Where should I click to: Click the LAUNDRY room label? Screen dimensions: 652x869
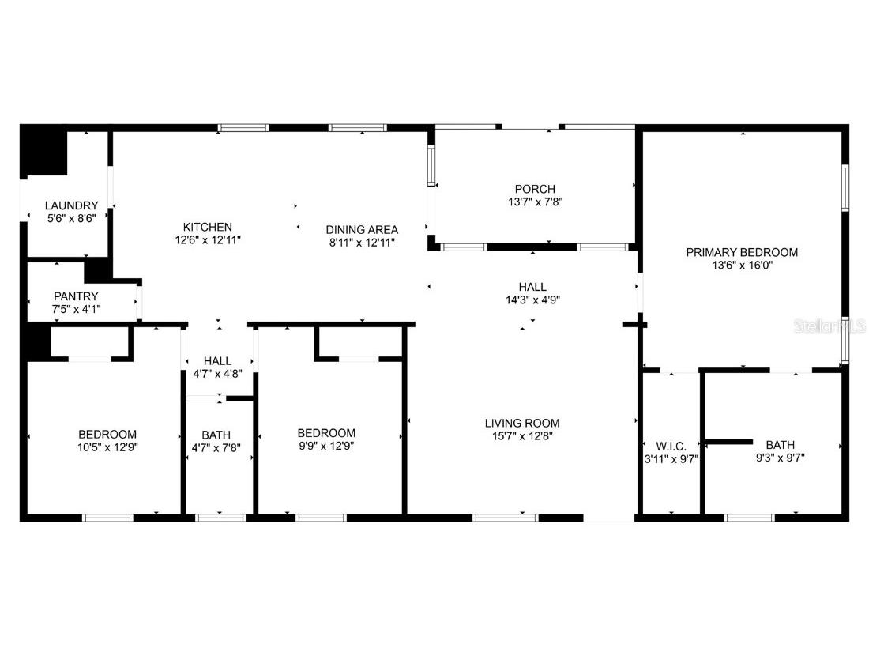pyautogui.click(x=71, y=205)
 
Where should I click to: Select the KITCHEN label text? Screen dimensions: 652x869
pyautogui.click(x=208, y=227)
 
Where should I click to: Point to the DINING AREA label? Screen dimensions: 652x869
pyautogui.click(x=362, y=230)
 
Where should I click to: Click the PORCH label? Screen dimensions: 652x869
pyautogui.click(x=535, y=189)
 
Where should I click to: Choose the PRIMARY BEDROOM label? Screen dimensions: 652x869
pyautogui.click(x=741, y=253)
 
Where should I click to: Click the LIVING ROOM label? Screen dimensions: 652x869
pyautogui.click(x=521, y=423)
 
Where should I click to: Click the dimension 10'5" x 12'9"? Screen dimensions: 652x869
pyautogui.click(x=107, y=447)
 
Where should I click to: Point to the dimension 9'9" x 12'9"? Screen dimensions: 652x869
pyautogui.click(x=325, y=445)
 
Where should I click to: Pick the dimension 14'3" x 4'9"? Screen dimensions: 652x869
pyautogui.click(x=532, y=300)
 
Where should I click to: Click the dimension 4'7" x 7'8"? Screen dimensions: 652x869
pyautogui.click(x=216, y=447)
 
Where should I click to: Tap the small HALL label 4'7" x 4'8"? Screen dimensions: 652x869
pyautogui.click(x=217, y=361)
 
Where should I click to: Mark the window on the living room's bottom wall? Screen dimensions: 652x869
pyautogui.click(x=505, y=518)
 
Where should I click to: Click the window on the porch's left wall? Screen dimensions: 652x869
pyautogui.click(x=432, y=166)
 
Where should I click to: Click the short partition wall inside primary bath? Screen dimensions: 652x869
pyautogui.click(x=728, y=440)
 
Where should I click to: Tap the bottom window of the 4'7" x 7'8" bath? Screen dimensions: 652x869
pyautogui.click(x=220, y=518)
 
